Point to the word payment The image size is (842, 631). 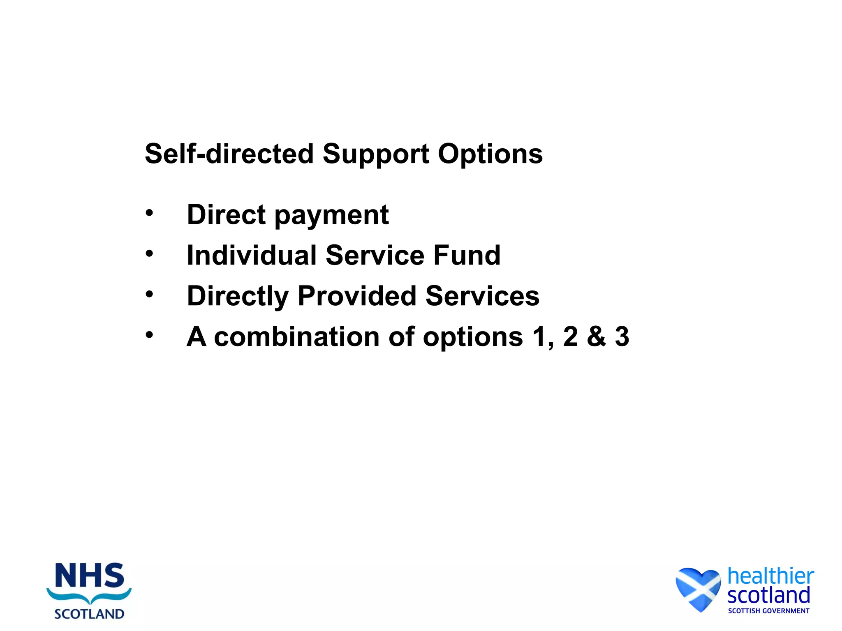(x=331, y=215)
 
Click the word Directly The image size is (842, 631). (x=238, y=296)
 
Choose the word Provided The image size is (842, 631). (x=357, y=296)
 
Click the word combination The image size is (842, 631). (x=297, y=337)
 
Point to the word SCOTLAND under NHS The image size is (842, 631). (x=89, y=614)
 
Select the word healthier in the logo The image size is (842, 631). (x=770, y=576)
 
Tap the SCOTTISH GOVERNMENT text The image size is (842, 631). (x=768, y=611)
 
